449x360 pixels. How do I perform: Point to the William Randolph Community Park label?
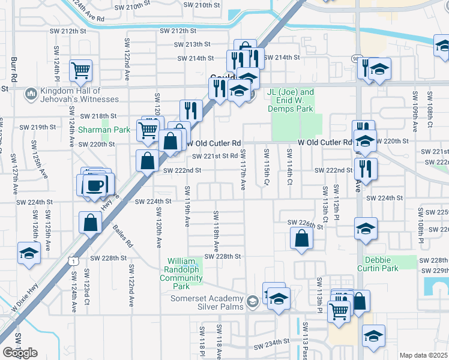point(181,274)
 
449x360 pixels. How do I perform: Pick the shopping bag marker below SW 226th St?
point(301,238)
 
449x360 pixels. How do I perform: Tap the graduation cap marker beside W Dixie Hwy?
point(29,254)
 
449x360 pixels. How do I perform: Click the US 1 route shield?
point(72,261)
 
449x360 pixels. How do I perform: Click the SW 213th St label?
point(193,44)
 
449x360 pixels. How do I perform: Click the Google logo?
point(20,353)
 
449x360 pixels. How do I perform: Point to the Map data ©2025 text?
point(424,355)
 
